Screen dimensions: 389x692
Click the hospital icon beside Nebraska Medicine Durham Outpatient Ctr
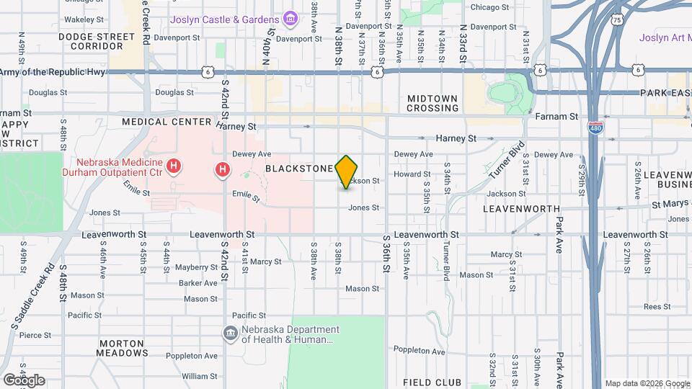pos(173,167)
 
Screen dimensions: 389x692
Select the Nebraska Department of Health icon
pos(230,332)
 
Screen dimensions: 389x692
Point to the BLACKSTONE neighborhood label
pos(298,169)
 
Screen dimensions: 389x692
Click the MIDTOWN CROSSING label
pos(432,103)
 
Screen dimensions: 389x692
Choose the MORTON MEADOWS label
pos(123,348)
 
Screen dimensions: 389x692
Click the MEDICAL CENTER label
pos(167,122)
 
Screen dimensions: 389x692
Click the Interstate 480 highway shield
pos(595,128)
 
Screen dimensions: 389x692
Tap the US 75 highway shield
pos(616,20)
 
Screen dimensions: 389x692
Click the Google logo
pos(24,380)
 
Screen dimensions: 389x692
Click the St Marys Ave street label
pos(671,205)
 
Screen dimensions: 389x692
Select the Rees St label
pos(657,306)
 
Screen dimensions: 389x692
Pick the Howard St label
pos(412,174)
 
